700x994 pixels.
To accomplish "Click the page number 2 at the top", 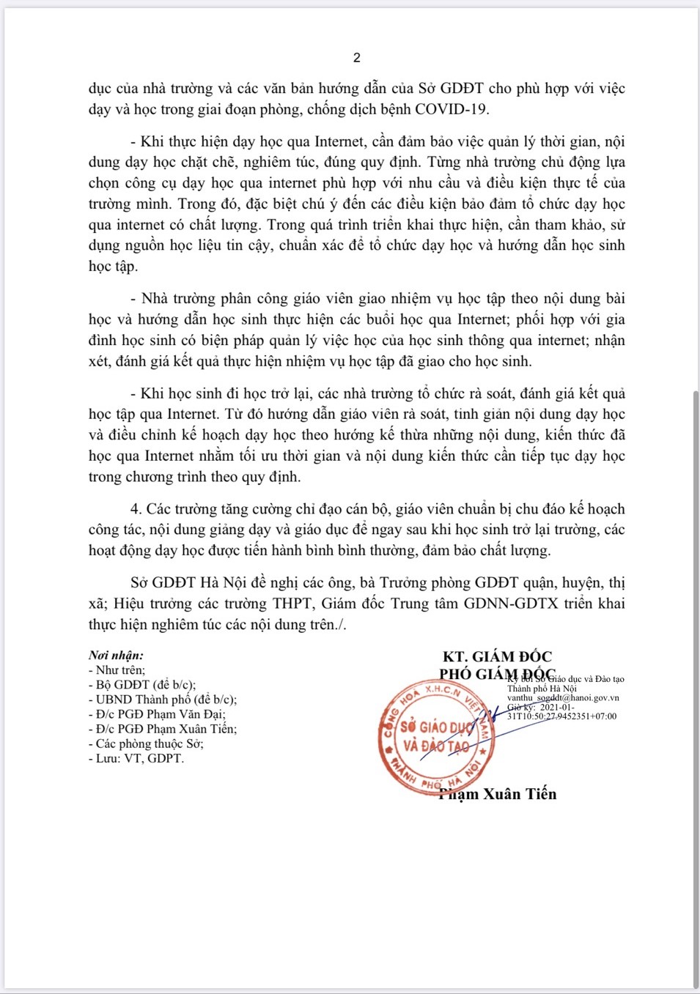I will (x=357, y=58).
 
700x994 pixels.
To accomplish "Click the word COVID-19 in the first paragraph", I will (x=452, y=110).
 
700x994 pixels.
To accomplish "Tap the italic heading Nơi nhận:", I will (x=116, y=656).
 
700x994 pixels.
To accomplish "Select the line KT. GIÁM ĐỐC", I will (x=497, y=657).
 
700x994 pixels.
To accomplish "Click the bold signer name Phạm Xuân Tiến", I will (x=498, y=794).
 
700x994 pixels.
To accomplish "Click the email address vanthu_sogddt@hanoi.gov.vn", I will (x=563, y=698).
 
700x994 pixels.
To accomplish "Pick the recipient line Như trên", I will (x=118, y=670).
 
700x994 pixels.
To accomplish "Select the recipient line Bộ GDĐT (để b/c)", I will (x=143, y=685).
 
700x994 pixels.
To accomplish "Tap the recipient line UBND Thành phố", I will (x=163, y=700).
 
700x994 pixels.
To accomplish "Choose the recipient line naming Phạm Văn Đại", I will (x=158, y=714).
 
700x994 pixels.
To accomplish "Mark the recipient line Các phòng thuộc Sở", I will (x=147, y=743).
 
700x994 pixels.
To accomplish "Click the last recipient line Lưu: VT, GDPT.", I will (x=137, y=758).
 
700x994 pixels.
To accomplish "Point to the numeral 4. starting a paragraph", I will (x=136, y=509).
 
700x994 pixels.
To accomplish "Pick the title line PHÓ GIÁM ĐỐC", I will (x=497, y=675).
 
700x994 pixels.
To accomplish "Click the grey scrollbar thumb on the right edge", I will (x=696, y=689).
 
